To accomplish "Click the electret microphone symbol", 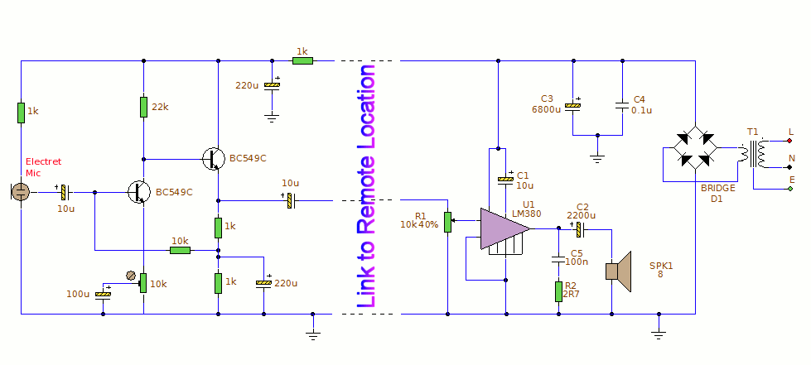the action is pos(20,192).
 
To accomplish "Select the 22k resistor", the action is pos(144,107).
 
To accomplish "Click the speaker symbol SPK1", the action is pos(619,271).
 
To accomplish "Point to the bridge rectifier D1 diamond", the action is pos(695,147).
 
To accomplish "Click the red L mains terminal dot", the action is pos(789,141).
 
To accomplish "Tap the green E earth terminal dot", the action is pos(789,189).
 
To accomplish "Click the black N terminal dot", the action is pos(789,167).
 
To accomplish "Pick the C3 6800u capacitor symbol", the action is pos(572,106).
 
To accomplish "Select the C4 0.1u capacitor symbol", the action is pos(622,106).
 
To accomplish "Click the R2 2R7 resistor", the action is pos(558,291).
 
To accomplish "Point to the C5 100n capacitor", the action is pos(558,258).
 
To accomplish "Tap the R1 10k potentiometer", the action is pos(448,222).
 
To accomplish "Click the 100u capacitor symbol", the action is pos(104,294).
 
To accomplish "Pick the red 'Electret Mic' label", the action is pos(43,167).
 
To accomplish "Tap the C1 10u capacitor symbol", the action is pos(506,180).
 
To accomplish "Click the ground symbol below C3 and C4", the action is pos(597,159).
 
